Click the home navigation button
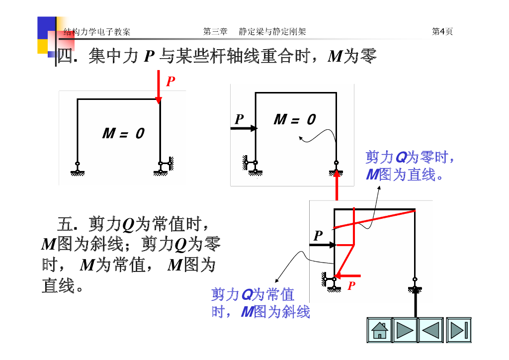(379, 330)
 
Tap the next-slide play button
(405, 330)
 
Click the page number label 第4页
(442, 32)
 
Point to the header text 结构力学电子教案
(97, 32)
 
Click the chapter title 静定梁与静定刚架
(272, 32)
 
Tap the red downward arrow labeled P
(159, 87)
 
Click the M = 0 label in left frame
(123, 133)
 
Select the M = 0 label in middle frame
(294, 119)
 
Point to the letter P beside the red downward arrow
(170, 82)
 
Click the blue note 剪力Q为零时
(410, 158)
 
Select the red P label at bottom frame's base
(352, 286)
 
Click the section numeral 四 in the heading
(65, 56)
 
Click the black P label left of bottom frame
(318, 235)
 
